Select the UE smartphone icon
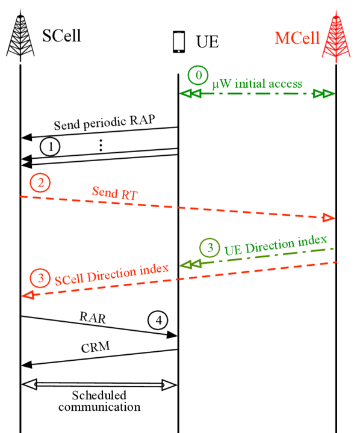pyautogui.click(x=178, y=42)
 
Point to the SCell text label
pyautogui.click(x=61, y=36)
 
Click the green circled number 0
pyautogui.click(x=197, y=76)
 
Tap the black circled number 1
pyautogui.click(x=51, y=146)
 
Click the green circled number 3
pyautogui.click(x=209, y=247)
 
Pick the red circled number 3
pyautogui.click(x=40, y=279)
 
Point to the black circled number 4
pyautogui.click(x=159, y=320)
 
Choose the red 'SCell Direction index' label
pyautogui.click(x=111, y=274)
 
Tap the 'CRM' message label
pyautogui.click(x=98, y=349)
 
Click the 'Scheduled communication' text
pyautogui.click(x=99, y=401)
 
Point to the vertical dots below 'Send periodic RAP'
pyautogui.click(x=101, y=145)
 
